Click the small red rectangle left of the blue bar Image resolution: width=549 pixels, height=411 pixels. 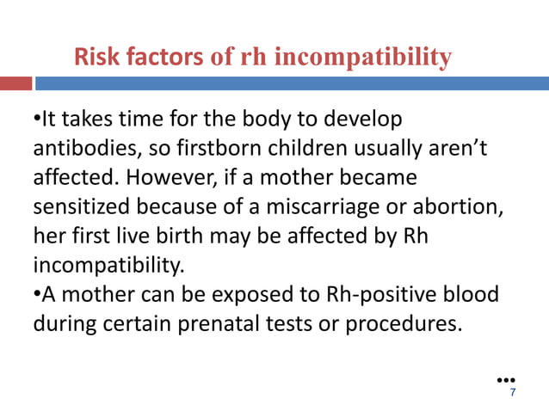click(15, 83)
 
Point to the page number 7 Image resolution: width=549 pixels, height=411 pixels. click(513, 393)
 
